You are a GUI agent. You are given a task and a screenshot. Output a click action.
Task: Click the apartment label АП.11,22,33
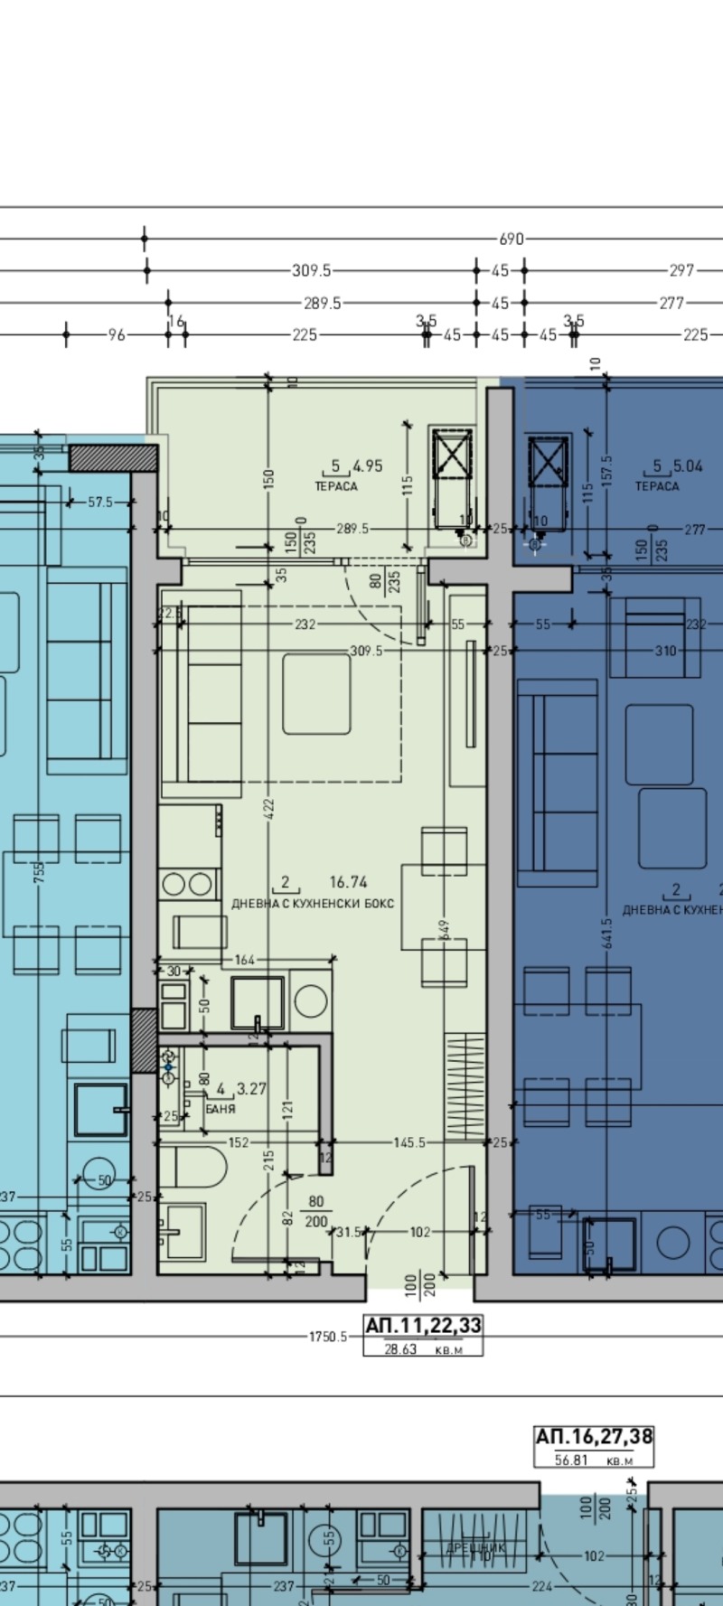[x=423, y=1326]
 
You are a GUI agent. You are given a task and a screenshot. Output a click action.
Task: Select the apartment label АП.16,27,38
[x=594, y=1437]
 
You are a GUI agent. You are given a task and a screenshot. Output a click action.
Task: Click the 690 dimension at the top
[x=511, y=239]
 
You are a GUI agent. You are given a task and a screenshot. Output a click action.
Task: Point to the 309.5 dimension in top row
[x=312, y=270]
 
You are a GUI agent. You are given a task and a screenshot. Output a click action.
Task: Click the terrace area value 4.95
[x=367, y=466]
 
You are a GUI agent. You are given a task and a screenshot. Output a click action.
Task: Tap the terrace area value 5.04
[x=689, y=466]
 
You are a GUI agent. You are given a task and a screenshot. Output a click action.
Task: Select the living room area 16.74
[x=348, y=882]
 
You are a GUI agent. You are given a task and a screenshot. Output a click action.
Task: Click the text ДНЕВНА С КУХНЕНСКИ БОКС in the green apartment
[x=313, y=903]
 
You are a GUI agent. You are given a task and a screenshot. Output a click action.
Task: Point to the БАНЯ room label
[x=221, y=1108]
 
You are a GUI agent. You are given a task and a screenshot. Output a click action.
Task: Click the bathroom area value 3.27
[x=251, y=1089]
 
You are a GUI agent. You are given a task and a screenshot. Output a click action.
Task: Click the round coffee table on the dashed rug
[x=316, y=693]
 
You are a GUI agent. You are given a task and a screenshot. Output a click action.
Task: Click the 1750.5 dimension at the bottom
[x=327, y=1337]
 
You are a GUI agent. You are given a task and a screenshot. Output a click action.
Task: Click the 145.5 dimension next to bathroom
[x=409, y=1143]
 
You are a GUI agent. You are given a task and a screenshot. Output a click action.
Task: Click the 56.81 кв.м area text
[x=594, y=1460]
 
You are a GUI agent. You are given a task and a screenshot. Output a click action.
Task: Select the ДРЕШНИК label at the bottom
[x=475, y=1548]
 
